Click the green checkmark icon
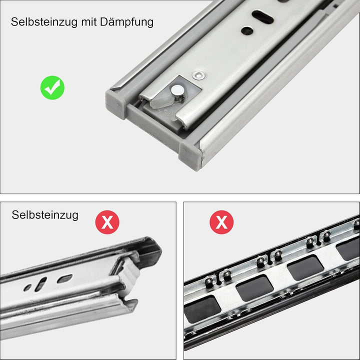click(x=52, y=88)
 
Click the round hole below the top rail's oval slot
click(x=246, y=30)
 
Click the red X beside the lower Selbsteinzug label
click(x=107, y=221)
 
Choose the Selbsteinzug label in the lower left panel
click(x=45, y=215)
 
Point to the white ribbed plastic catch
click(x=129, y=269)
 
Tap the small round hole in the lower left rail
click(x=27, y=288)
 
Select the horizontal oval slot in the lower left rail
click(x=64, y=278)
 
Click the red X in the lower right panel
click(x=221, y=221)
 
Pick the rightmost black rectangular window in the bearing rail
click(x=348, y=248)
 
